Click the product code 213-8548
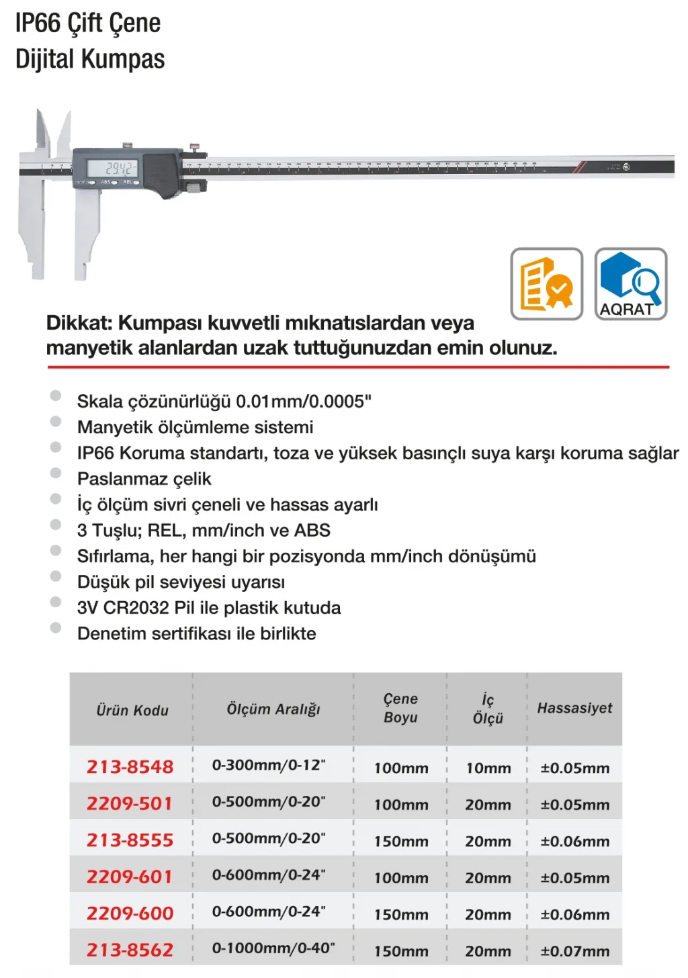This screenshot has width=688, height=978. [130, 766]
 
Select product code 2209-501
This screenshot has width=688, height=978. [130, 803]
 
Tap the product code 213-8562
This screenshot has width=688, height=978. [130, 950]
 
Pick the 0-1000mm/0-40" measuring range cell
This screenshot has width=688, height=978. [273, 948]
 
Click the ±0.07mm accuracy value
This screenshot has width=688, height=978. [575, 951]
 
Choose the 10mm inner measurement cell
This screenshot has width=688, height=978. [488, 768]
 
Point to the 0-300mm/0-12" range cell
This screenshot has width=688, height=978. [269, 765]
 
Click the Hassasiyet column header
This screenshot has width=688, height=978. [574, 708]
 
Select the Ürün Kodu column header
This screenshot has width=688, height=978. [132, 710]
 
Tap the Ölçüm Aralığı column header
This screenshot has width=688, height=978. [273, 709]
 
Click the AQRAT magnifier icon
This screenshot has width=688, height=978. [630, 284]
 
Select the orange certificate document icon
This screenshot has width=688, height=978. [546, 284]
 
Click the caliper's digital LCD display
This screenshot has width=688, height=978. [121, 168]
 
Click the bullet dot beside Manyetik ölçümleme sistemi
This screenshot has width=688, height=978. [56, 422]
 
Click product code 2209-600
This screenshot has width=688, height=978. [130, 913]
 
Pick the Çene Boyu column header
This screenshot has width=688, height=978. [400, 708]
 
